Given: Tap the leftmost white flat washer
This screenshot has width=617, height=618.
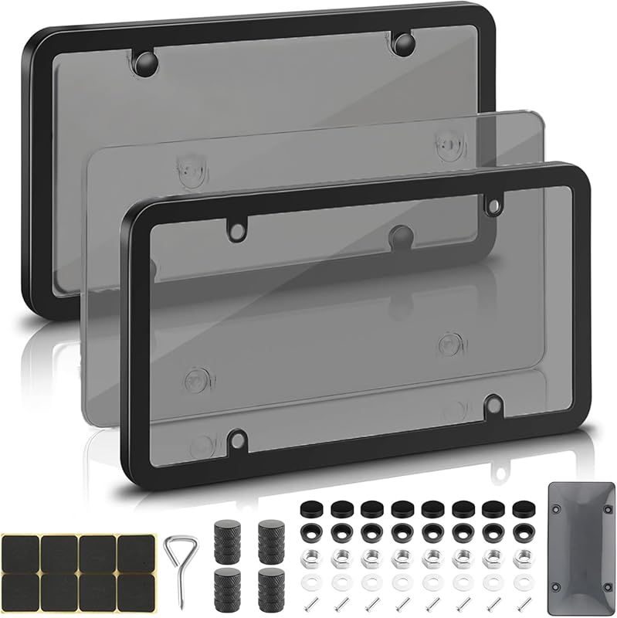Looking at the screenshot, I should click(x=309, y=579).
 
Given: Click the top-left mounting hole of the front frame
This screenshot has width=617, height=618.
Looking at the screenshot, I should click(x=236, y=228).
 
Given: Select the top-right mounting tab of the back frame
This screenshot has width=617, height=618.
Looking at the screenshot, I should click(x=402, y=43).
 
